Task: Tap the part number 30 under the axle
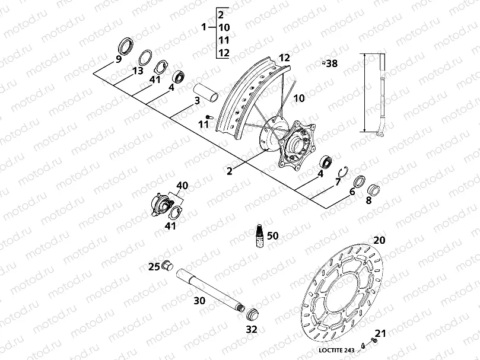point(200,301)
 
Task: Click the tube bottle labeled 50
point(259,235)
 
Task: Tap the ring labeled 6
point(359,181)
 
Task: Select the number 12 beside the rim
point(284,58)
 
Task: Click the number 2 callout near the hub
point(229,171)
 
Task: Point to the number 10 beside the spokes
point(298,97)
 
